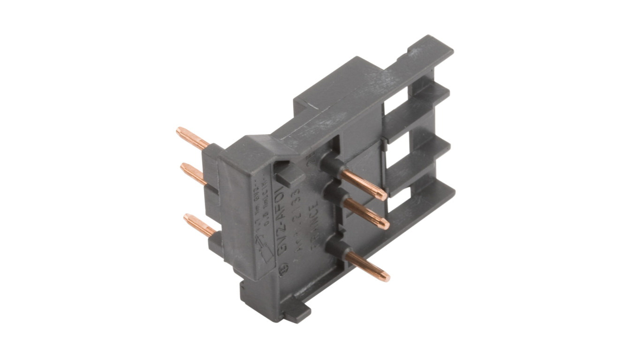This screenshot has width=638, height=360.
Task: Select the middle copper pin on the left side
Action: [x=192, y=173]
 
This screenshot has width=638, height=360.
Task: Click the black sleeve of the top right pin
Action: [x=330, y=166]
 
